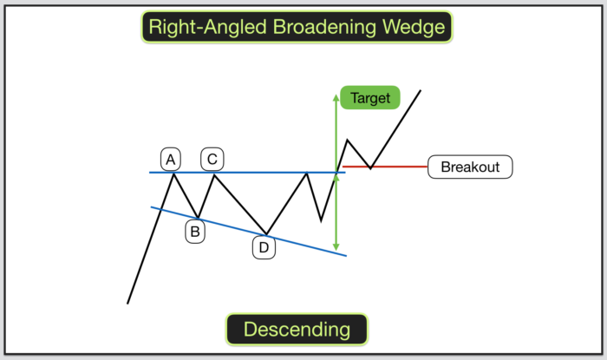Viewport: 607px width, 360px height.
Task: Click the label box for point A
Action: tap(171, 160)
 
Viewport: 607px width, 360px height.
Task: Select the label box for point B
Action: tap(195, 232)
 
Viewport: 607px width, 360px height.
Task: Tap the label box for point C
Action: tap(212, 160)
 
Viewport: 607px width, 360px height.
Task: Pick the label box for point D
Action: tap(264, 248)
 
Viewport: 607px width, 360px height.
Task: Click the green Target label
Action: tap(370, 97)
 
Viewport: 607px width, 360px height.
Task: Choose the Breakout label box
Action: tap(470, 167)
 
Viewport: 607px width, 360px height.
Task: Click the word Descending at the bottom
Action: tap(297, 330)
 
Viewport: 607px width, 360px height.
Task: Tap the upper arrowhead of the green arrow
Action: tap(336, 94)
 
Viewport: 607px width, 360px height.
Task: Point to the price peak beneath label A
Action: tap(174, 173)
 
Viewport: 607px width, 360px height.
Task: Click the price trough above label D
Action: tap(265, 233)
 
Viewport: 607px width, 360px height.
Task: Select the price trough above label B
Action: tap(198, 217)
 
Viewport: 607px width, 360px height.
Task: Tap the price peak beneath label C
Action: tap(213, 174)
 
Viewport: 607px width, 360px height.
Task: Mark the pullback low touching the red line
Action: tap(370, 167)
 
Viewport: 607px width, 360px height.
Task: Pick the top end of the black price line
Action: tap(421, 90)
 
